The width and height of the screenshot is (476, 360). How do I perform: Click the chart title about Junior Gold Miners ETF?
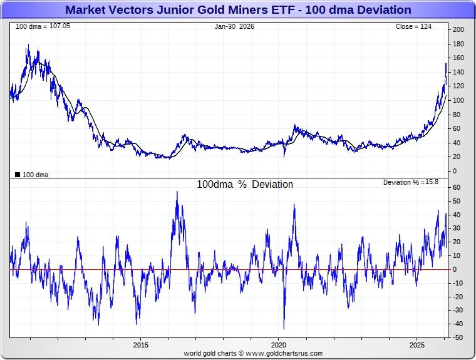point(238,10)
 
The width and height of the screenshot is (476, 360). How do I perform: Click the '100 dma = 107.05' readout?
point(34,26)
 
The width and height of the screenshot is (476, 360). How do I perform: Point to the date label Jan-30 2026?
point(234,26)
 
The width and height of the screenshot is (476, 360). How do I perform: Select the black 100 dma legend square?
point(17,175)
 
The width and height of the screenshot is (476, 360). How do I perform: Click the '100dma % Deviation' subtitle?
point(245,185)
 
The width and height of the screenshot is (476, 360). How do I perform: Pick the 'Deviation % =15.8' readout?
point(411,182)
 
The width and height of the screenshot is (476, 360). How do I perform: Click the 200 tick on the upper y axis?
point(458,30)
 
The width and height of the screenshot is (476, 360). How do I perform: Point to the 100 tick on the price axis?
point(458,100)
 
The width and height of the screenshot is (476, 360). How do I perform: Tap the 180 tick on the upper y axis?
point(458,44)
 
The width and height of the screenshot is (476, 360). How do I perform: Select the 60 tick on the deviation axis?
point(457,188)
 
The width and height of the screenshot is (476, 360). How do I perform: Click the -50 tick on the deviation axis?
point(458,337)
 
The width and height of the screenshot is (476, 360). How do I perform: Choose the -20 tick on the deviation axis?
point(458,297)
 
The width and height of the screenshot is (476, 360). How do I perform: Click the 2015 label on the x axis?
point(140,345)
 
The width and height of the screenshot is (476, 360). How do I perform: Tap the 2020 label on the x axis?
point(279,345)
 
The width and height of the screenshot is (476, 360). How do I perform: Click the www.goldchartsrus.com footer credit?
point(253,353)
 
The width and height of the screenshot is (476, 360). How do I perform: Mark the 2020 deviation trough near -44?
point(284,328)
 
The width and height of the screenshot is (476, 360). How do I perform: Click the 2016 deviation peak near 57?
point(177,192)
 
